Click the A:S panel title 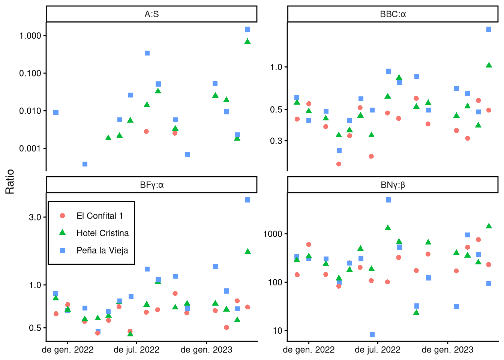(x=151, y=14)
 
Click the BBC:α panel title (x=393, y=14)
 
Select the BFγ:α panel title (x=151, y=185)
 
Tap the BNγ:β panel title (x=393, y=185)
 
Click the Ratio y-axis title (x=10, y=181)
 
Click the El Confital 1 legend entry (x=99, y=216)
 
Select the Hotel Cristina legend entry (x=102, y=233)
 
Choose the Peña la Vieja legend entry (x=102, y=250)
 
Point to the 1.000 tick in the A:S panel (x=30, y=36)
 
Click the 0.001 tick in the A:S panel (x=30, y=148)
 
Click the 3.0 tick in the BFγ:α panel (x=35, y=217)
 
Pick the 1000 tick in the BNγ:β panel (x=273, y=234)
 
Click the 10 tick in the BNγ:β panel (x=277, y=331)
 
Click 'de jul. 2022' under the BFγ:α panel (x=136, y=350)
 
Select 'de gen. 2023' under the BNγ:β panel (x=447, y=350)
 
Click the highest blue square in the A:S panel (x=247, y=29)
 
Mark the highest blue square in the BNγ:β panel (x=388, y=200)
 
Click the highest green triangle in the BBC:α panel (x=489, y=65)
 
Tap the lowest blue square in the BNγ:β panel (x=372, y=334)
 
